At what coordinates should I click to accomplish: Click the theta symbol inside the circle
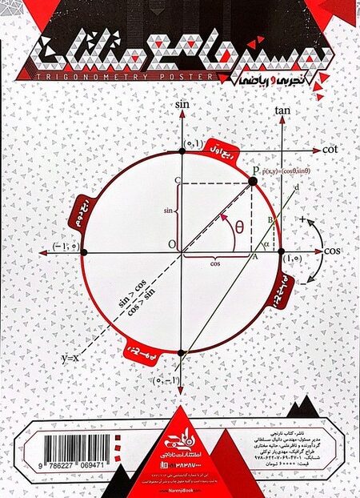[239, 226]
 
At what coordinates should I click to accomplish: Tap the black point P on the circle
[253, 182]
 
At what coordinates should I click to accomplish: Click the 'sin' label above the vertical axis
[182, 105]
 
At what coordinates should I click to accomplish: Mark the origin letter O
[172, 244]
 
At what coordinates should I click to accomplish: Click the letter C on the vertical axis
[176, 182]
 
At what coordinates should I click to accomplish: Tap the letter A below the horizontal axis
[255, 257]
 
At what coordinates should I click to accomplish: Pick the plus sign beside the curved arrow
[302, 219]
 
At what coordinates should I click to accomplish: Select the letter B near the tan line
[270, 219]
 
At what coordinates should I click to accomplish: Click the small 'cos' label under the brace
[216, 262]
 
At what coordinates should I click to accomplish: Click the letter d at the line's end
[298, 189]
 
